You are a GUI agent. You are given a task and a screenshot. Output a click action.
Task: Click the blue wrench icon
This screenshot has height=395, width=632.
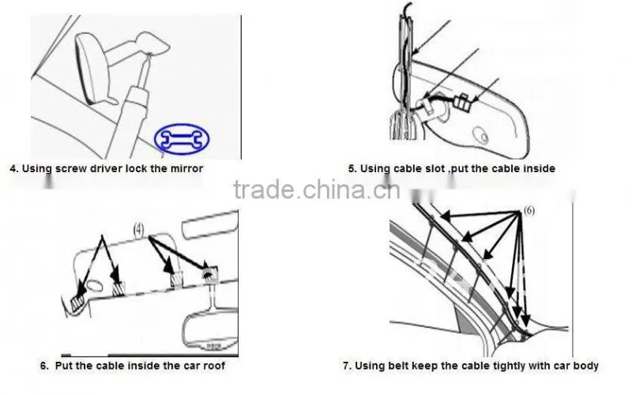[x=182, y=139]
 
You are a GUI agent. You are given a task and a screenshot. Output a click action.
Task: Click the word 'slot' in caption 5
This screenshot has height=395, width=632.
[x=435, y=168]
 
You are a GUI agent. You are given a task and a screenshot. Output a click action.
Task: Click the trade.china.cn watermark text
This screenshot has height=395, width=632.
[x=317, y=190]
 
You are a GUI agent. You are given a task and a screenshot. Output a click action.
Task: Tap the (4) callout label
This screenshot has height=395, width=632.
[x=138, y=230]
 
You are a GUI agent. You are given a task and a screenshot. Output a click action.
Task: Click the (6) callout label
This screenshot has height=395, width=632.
[x=529, y=210]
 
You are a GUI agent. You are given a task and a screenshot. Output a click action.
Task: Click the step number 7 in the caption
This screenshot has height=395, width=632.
[x=346, y=366]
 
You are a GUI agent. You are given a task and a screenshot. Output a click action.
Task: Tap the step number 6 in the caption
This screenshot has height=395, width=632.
[x=44, y=366]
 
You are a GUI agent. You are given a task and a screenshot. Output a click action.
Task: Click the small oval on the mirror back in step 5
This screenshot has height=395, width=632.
[x=481, y=135]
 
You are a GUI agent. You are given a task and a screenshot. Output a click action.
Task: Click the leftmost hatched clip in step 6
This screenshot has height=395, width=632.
[x=77, y=302]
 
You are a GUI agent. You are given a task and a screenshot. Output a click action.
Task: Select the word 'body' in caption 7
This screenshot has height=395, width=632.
[x=585, y=367]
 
